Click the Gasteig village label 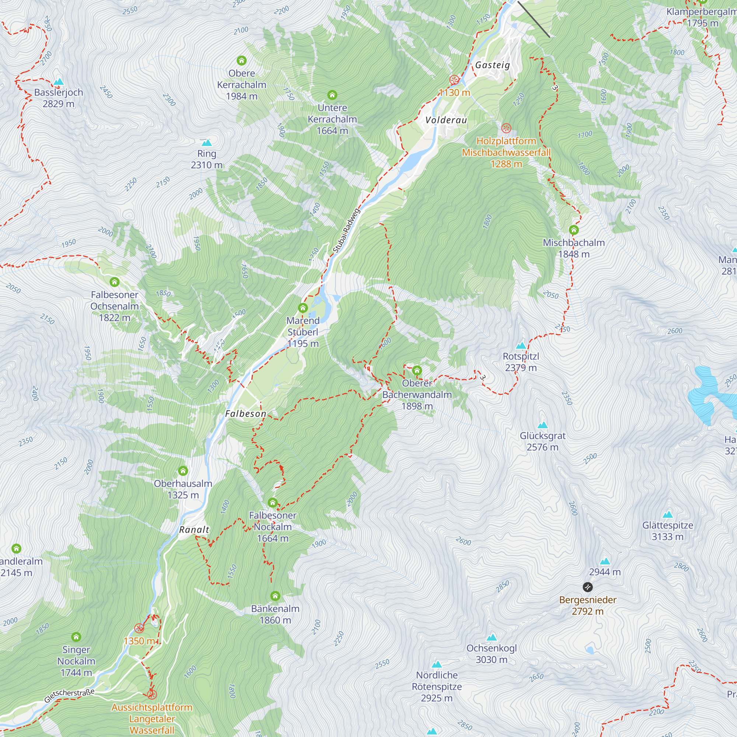(x=492, y=65)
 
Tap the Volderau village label (x=446, y=120)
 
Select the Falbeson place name (x=246, y=413)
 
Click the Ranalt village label (x=194, y=530)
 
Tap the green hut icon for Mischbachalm (x=574, y=230)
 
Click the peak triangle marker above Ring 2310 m (x=206, y=143)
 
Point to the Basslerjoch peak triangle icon (x=58, y=82)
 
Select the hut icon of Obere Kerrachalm (x=241, y=60)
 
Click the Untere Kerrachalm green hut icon (x=332, y=95)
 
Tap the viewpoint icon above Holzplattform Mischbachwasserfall (x=506, y=128)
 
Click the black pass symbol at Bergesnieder (x=587, y=587)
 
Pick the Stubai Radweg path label (x=346, y=230)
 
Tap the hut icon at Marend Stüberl (x=303, y=307)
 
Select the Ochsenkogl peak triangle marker (x=492, y=638)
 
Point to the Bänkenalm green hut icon (x=275, y=596)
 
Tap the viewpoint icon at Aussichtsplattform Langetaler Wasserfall (x=152, y=694)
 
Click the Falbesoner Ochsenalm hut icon (x=115, y=282)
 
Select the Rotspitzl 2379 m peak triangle (x=521, y=346)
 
